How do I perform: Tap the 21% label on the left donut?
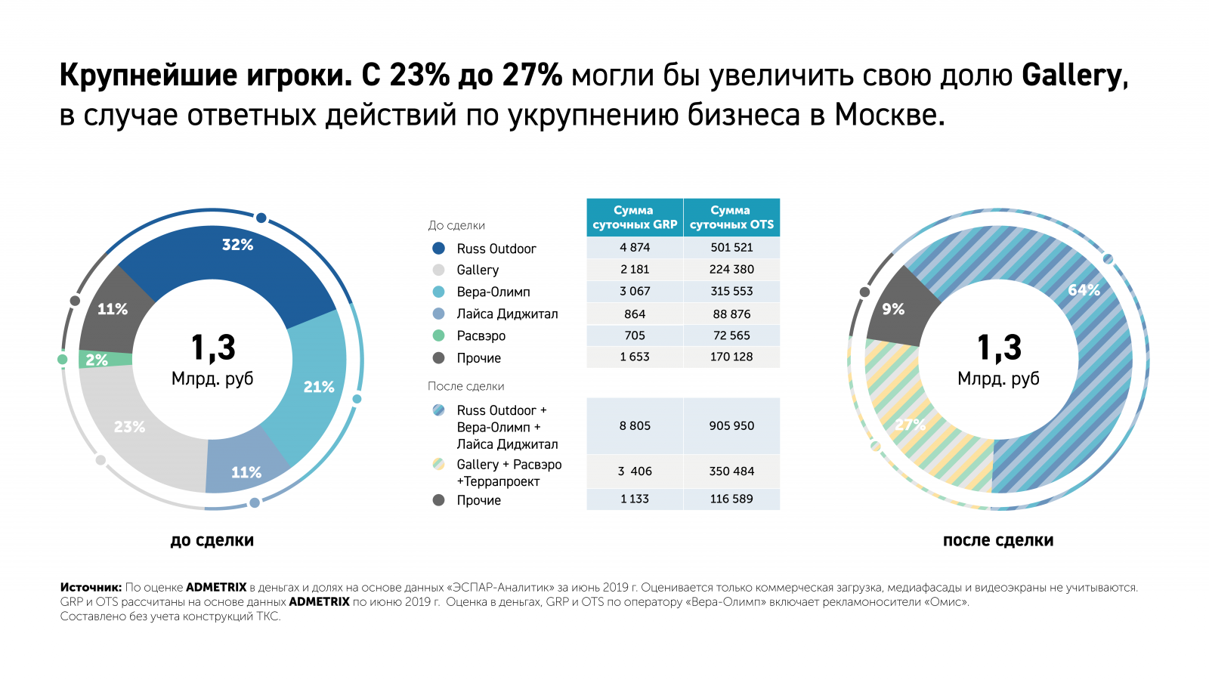(x=318, y=387)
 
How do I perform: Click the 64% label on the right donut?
(x=1084, y=290)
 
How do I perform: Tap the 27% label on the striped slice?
(x=910, y=425)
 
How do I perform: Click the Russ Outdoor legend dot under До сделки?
(x=438, y=249)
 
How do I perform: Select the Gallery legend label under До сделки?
(x=478, y=270)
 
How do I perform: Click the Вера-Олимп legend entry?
(x=493, y=292)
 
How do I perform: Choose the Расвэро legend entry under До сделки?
(x=481, y=335)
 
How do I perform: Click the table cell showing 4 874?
(x=635, y=247)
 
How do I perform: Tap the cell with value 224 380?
(x=731, y=269)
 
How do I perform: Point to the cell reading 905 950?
(x=731, y=425)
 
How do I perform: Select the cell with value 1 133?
(x=635, y=499)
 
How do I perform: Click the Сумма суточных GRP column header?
(x=635, y=218)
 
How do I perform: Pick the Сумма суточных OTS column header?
(x=731, y=218)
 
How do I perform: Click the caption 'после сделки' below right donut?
(x=997, y=540)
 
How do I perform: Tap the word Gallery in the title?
(x=1072, y=76)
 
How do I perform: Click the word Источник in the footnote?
(x=91, y=587)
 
